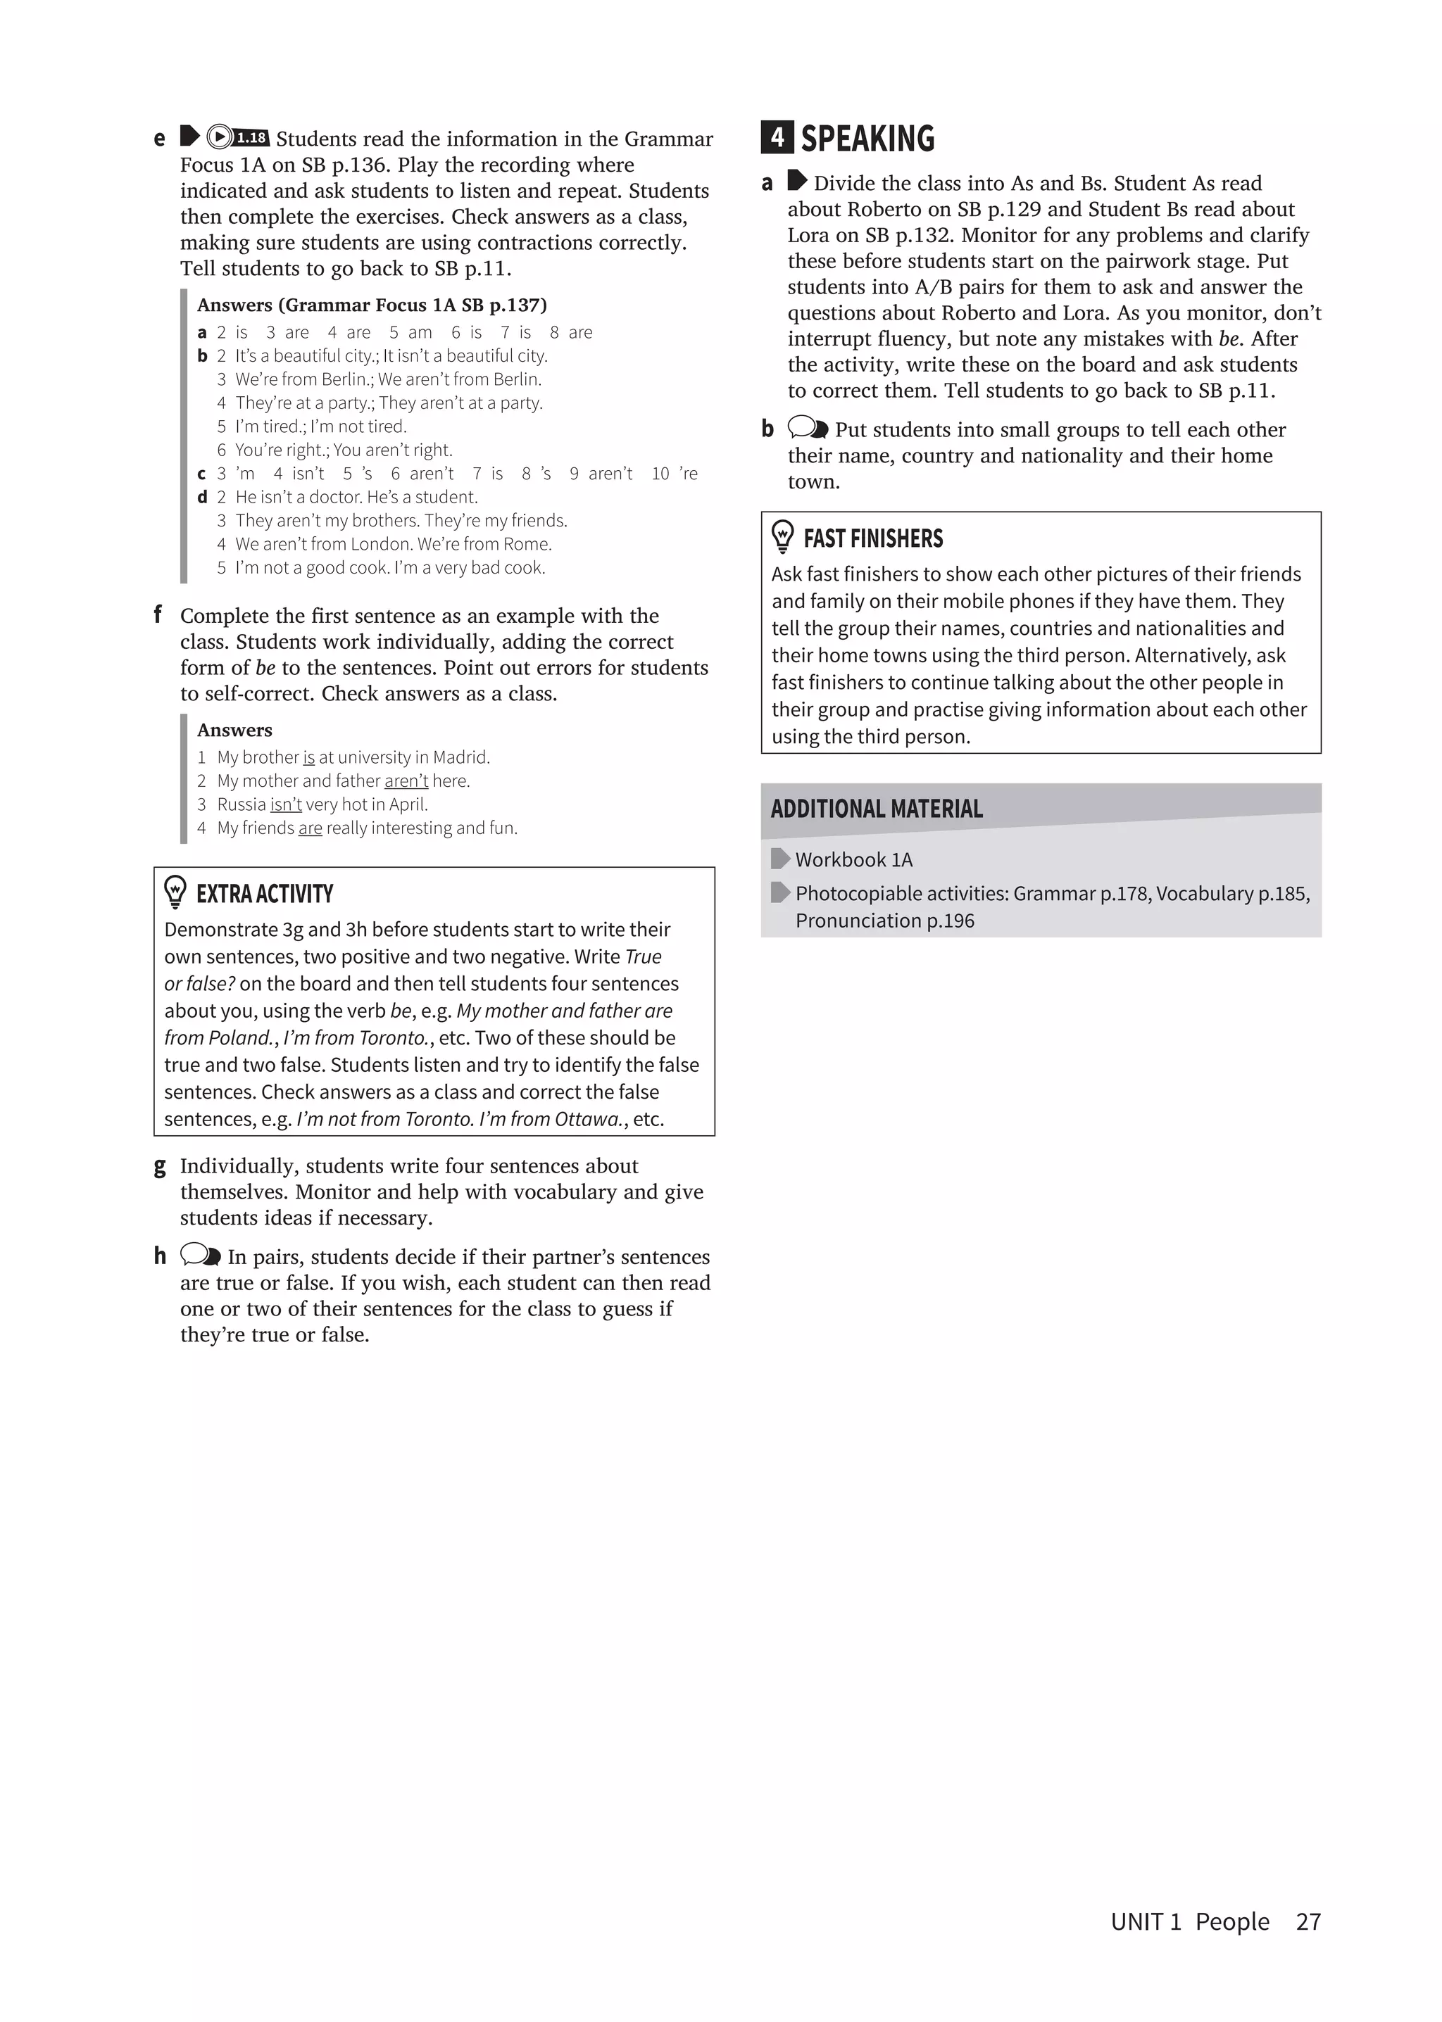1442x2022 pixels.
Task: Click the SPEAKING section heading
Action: (x=867, y=139)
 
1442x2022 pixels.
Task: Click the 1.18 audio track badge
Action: (x=251, y=137)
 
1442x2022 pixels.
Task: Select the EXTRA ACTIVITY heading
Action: (x=265, y=894)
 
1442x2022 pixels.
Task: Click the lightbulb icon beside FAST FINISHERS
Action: (x=782, y=537)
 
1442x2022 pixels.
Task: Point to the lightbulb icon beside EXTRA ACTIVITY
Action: (x=176, y=892)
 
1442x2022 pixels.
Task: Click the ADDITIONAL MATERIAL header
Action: (x=877, y=809)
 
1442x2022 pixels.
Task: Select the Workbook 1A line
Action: (x=853, y=859)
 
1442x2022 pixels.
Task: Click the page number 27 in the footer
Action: (x=1308, y=1921)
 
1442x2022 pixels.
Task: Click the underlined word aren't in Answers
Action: (x=406, y=781)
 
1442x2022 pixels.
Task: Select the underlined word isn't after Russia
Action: (x=286, y=804)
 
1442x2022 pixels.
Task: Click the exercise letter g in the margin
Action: (x=160, y=1166)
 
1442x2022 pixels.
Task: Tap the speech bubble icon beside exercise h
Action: (x=200, y=1255)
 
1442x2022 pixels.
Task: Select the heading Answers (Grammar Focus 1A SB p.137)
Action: (x=371, y=305)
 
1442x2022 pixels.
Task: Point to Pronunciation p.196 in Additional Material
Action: (x=884, y=921)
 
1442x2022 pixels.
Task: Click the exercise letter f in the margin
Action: (x=158, y=614)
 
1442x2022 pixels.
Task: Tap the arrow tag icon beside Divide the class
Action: (x=796, y=182)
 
